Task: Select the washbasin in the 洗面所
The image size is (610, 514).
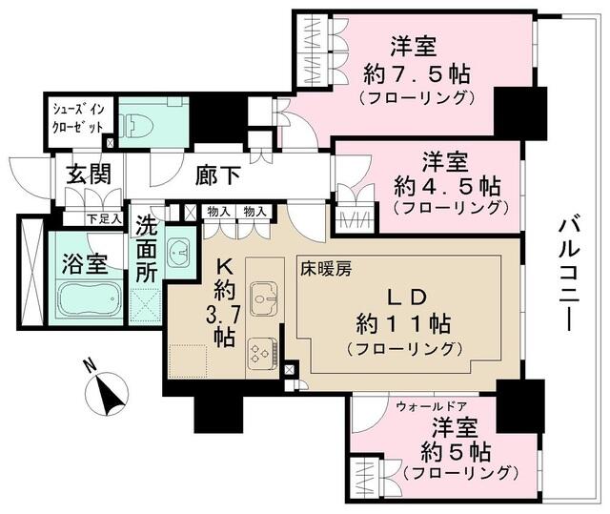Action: tap(178, 252)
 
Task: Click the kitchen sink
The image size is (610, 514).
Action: tap(259, 298)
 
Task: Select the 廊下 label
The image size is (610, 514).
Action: tap(219, 175)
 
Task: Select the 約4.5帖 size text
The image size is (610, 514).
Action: tap(449, 183)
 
